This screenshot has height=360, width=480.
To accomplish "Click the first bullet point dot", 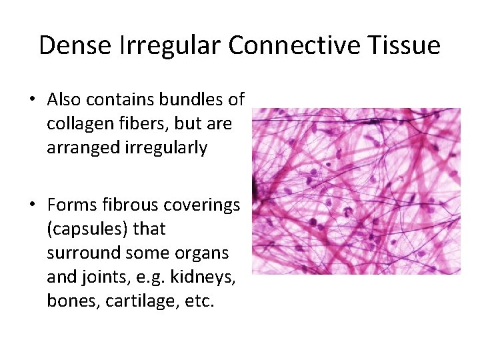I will click(x=31, y=100).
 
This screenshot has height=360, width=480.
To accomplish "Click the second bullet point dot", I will click(x=31, y=205).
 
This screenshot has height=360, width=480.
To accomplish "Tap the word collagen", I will click(x=77, y=124).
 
